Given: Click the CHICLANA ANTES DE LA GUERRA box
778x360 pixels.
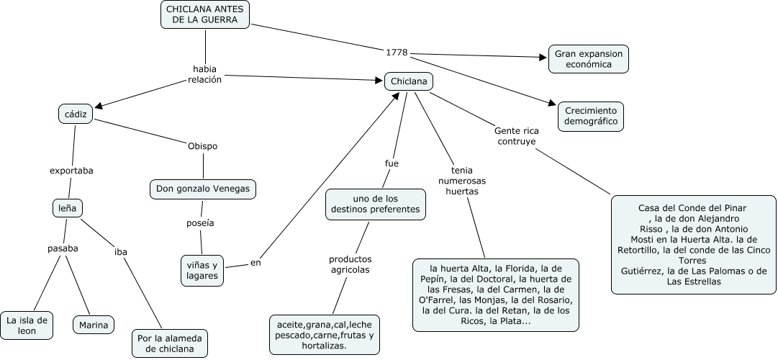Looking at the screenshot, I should (205, 14).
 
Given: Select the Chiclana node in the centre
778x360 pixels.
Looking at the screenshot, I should (408, 81).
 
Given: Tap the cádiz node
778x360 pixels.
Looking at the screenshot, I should (75, 114).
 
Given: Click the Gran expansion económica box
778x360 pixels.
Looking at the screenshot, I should (588, 58).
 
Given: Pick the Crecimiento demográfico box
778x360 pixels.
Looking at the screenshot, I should (591, 117).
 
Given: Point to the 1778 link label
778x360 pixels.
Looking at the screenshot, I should (397, 53).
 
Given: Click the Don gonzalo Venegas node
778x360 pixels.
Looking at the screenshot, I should (203, 189).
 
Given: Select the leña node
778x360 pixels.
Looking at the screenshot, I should (68, 208).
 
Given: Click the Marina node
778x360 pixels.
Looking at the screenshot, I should (94, 325).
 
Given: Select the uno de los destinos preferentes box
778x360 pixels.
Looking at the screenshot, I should (375, 204).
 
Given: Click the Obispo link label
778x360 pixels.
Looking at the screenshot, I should (202, 146).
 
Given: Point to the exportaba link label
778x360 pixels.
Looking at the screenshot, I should (71, 171).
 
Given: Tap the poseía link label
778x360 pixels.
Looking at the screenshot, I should (200, 223).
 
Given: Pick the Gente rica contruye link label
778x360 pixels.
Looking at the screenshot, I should (516, 136).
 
